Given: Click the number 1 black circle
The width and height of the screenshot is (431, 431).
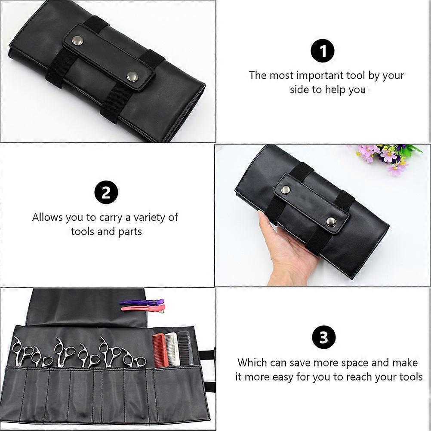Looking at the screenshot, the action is [323, 51].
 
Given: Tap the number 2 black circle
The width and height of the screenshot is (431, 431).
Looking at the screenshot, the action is [106, 193].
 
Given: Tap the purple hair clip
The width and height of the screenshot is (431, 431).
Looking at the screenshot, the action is [142, 302].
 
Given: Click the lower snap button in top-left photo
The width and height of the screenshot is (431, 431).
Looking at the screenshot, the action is [132, 76].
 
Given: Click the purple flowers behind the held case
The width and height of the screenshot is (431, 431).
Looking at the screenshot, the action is [385, 157].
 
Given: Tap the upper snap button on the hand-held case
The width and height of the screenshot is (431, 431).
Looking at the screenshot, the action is [286, 189].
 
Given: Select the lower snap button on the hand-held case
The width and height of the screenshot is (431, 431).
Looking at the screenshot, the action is [331, 221].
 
